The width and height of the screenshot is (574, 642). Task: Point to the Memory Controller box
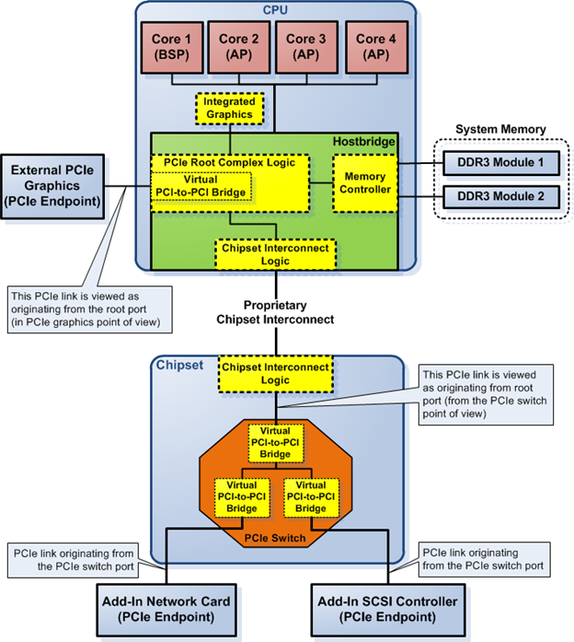point(364,181)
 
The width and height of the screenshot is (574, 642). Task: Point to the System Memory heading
point(500,129)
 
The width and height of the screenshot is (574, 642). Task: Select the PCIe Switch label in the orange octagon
point(275,537)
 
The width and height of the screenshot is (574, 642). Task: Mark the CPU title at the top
point(276,11)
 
